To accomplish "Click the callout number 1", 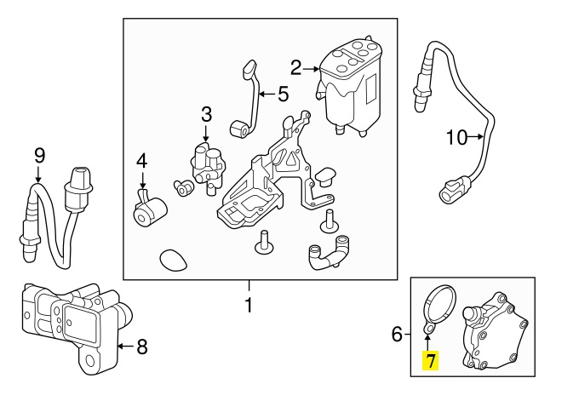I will tap(249, 303).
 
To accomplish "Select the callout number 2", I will tap(296, 66).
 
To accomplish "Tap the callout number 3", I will tap(206, 113).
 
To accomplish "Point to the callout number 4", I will tap(142, 160).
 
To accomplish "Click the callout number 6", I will tap(397, 335).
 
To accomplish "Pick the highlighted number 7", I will tap(431, 361).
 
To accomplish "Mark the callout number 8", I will tap(142, 346).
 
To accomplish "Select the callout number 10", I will tap(456, 136).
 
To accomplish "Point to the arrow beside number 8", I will tap(124, 346).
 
